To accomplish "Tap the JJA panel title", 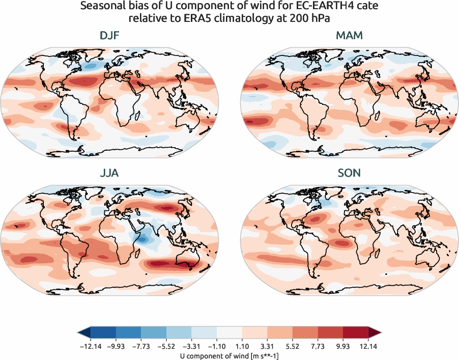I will pos(109,173).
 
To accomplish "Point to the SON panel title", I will pos(349,173).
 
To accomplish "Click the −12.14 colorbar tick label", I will pos(91,346).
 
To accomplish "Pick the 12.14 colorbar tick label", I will pos(368,346).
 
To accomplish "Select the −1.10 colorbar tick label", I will pos(217,346).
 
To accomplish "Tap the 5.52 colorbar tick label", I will pos(293,346).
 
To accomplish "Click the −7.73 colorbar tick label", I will pos(141,346).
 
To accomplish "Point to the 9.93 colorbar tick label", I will pos(342,346).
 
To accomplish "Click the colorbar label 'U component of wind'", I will pos(230,356).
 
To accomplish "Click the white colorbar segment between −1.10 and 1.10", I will pos(230,334).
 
